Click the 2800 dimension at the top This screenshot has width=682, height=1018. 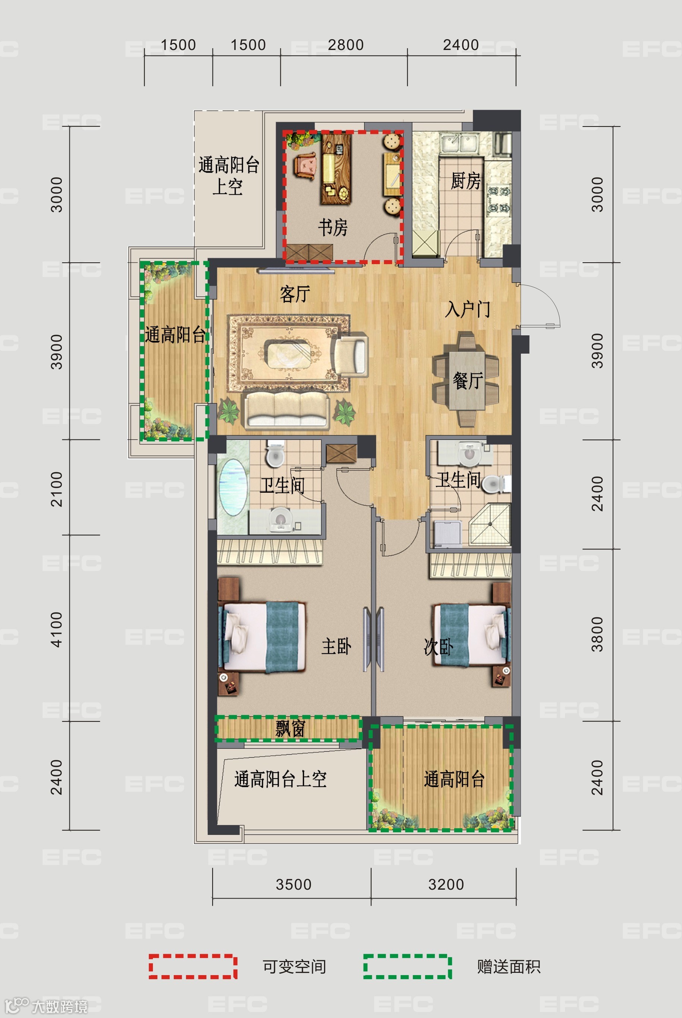(345, 45)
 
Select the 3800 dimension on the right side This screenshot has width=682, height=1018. (597, 634)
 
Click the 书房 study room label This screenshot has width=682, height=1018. (333, 227)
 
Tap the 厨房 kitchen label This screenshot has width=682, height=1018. (465, 181)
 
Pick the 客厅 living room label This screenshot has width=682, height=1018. (295, 294)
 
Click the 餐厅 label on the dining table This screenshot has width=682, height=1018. (468, 380)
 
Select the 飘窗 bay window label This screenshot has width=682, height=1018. (290, 728)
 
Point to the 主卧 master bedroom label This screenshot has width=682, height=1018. (336, 646)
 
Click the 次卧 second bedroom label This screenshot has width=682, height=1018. (439, 647)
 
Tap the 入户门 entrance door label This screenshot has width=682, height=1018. (468, 309)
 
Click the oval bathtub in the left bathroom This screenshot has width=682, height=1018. (232, 487)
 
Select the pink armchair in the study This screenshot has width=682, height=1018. (305, 165)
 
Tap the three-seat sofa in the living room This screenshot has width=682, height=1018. (286, 409)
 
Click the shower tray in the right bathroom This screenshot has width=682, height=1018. (490, 524)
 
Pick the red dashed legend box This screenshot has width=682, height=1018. (193, 967)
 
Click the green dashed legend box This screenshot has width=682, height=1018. (408, 967)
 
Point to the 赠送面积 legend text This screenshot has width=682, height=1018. (509, 967)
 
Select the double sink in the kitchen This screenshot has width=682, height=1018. (460, 143)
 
